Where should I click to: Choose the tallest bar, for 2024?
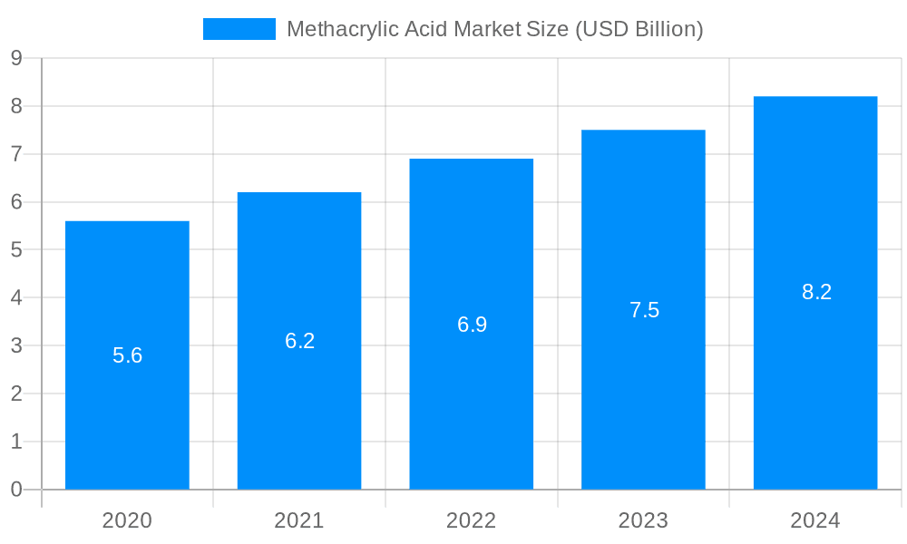point(815,381)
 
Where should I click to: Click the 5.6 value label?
point(128,355)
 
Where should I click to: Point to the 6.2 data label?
point(299,341)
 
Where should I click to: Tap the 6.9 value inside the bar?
point(472,325)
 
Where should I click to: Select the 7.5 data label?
point(644,310)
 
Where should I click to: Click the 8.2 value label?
point(816,292)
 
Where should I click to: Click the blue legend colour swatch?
point(239,29)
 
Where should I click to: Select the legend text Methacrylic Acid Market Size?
point(494,29)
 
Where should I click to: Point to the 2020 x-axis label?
point(127,520)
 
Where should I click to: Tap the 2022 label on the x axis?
point(472,520)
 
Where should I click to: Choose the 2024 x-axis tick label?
point(815,520)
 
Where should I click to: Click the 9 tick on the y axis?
point(16,58)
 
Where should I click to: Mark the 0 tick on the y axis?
point(16,490)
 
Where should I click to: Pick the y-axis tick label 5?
point(16,250)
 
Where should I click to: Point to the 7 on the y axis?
point(16,154)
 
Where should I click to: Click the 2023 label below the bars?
point(643,520)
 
